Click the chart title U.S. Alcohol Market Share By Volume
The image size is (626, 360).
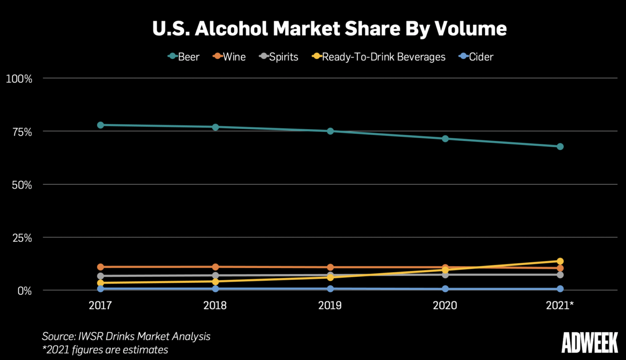[329, 29]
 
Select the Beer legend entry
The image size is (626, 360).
[184, 57]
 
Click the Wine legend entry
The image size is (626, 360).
[229, 57]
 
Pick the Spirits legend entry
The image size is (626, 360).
[278, 57]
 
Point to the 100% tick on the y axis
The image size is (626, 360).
[19, 79]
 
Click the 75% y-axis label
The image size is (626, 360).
[21, 132]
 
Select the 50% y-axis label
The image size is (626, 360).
[21, 185]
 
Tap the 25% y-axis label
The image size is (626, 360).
[21, 238]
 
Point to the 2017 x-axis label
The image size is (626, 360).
[100, 305]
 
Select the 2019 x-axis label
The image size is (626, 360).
[330, 305]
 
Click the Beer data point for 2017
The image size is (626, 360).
[100, 125]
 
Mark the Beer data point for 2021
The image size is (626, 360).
[560, 146]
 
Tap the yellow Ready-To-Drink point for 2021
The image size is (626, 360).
[560, 261]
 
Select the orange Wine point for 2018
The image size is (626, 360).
[216, 267]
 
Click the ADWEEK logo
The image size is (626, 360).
[590, 343]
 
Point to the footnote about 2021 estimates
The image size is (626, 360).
[105, 349]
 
